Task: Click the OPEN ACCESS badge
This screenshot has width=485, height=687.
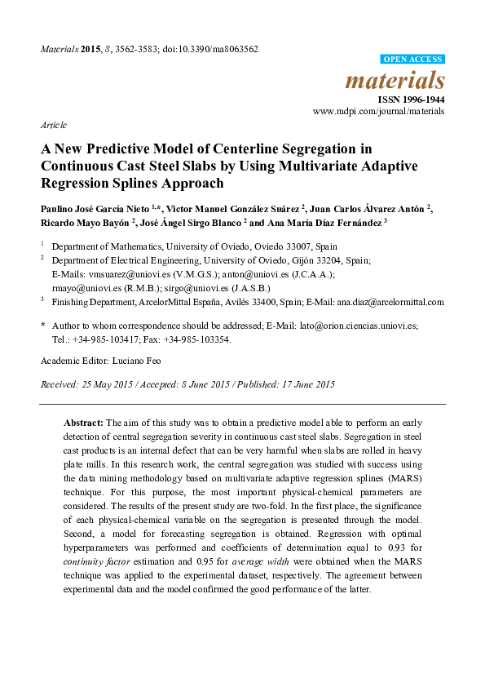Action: click(413, 60)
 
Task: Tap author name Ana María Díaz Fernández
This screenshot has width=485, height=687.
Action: click(322, 222)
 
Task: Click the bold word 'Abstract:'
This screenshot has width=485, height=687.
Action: click(83, 423)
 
